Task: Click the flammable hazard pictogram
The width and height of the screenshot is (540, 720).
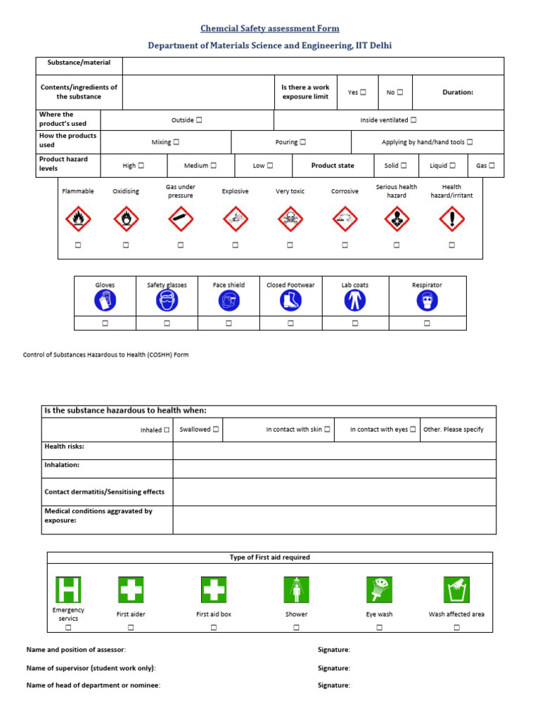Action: pos(77,219)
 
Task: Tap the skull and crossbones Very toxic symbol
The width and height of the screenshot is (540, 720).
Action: pos(290,219)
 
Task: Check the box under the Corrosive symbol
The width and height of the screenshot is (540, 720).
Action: pos(345,245)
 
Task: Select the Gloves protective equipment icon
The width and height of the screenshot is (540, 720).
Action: pos(105,301)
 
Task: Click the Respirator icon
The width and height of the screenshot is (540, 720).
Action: pos(427,301)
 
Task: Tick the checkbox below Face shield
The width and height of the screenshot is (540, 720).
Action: pos(229,323)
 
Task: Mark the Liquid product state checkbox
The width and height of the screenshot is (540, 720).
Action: pos(452,166)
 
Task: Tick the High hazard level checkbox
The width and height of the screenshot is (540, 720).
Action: pos(141,166)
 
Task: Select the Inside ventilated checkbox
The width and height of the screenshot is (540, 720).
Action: pos(413,120)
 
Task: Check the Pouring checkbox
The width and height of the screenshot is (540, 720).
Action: pos(302,142)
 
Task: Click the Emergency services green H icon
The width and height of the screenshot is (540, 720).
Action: pos(68,589)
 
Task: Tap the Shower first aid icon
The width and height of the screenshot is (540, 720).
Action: pos(296,589)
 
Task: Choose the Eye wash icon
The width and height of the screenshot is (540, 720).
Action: pos(379,589)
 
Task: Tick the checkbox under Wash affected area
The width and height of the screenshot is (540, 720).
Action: pos(456,627)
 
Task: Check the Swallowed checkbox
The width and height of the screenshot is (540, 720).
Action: pos(216,429)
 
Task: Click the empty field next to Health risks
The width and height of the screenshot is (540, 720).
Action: pos(334,451)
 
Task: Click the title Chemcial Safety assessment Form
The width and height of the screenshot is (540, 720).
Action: pos(270,29)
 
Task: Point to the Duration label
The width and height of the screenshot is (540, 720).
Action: pos(458,92)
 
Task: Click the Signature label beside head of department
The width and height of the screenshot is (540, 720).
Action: pos(333,685)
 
